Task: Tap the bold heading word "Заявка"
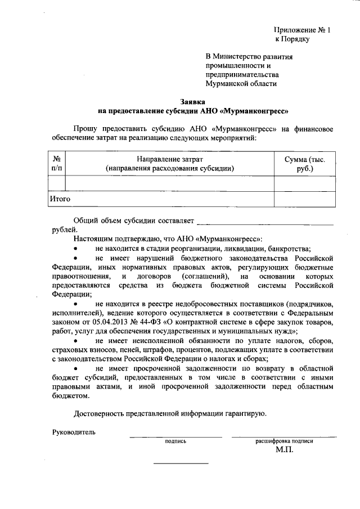click(192, 101)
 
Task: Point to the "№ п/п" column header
click(56, 164)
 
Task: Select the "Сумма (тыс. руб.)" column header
click(305, 164)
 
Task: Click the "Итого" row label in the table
click(60, 199)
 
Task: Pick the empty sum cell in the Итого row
click(305, 199)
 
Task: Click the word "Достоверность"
click(102, 414)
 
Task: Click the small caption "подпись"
click(175, 442)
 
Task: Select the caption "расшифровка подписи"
click(284, 442)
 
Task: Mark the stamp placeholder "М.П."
click(284, 450)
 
